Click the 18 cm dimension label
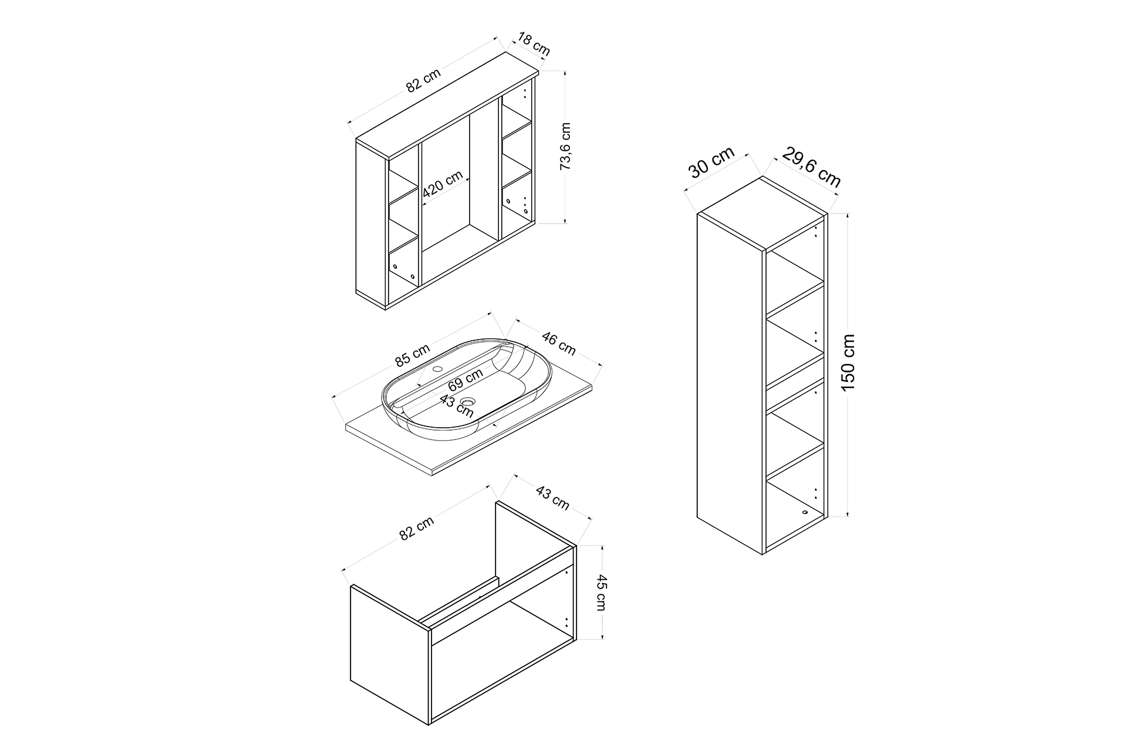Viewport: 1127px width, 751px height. [534, 46]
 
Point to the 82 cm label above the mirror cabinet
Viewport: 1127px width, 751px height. [423, 81]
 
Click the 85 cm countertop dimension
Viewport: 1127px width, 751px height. [412, 354]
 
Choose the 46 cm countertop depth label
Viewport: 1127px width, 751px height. [558, 343]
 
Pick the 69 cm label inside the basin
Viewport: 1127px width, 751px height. [465, 380]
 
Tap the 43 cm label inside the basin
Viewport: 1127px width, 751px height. [457, 405]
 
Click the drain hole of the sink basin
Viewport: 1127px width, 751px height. [468, 402]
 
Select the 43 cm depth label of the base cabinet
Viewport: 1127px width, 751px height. [552, 497]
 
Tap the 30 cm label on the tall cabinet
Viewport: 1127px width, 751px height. [711, 162]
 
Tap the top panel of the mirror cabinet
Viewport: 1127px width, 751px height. [447, 106]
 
